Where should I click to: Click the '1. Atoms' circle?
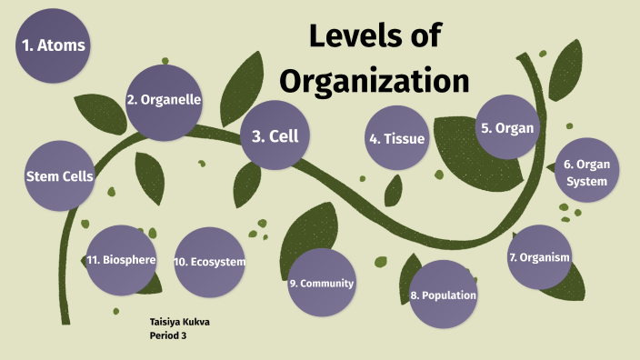(x=55, y=44)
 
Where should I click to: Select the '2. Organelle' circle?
(x=164, y=101)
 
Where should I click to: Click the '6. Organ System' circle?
(x=586, y=173)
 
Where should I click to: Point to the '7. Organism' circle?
(x=539, y=257)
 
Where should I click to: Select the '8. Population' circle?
(x=444, y=295)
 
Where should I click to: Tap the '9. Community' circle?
(x=321, y=283)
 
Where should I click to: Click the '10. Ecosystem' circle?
(x=210, y=262)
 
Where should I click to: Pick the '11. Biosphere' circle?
(x=122, y=260)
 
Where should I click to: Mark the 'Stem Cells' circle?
(x=60, y=176)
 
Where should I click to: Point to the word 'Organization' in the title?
(x=374, y=81)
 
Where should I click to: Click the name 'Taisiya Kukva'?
(x=179, y=323)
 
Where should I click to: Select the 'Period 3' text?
(x=168, y=335)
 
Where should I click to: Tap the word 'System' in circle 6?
(x=586, y=181)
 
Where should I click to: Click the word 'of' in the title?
(x=422, y=36)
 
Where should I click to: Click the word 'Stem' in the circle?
(x=43, y=176)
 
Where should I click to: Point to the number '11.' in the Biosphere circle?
(x=94, y=260)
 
